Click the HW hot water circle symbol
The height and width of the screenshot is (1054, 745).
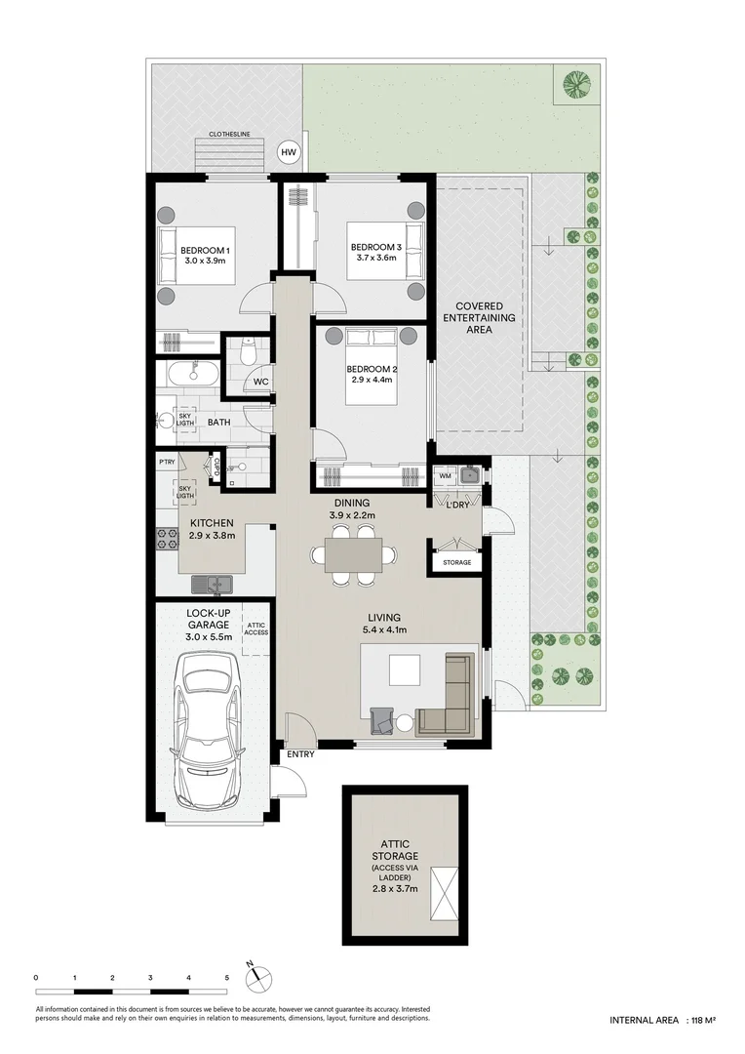(289, 152)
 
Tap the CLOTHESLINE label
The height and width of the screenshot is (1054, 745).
(230, 136)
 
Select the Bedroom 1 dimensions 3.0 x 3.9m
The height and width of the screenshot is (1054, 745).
(205, 261)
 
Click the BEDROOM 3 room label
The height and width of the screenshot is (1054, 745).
(376, 247)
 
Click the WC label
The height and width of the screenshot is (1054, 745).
(260, 382)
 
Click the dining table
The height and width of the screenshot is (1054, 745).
(353, 555)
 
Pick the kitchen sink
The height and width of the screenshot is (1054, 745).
(212, 584)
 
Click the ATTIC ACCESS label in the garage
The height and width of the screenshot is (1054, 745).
(256, 628)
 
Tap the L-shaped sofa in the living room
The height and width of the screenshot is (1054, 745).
(451, 699)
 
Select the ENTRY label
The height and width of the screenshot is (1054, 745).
(299, 754)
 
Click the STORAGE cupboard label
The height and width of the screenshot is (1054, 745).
(455, 562)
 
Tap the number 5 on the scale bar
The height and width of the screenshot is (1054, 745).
(226, 977)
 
